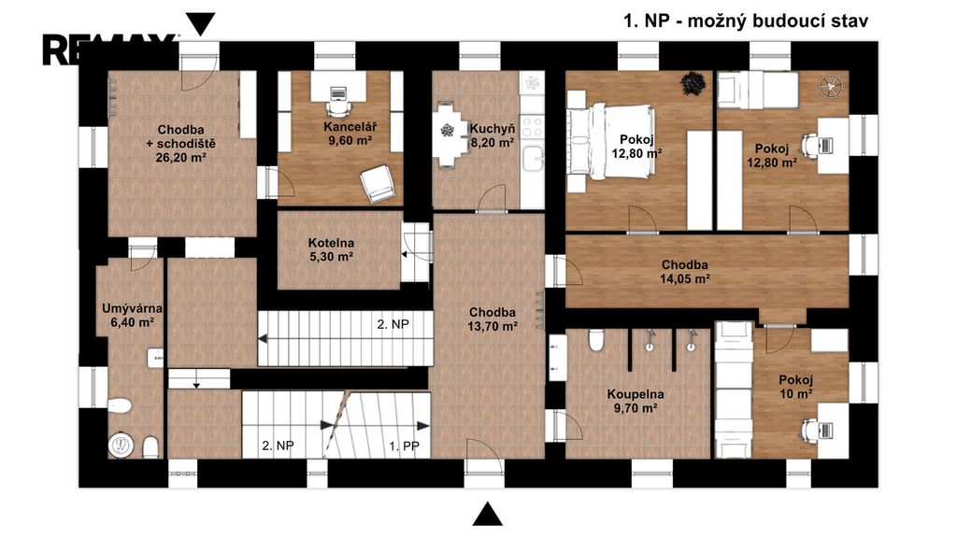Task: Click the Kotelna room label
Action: point(331,249)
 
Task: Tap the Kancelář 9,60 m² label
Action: point(350,134)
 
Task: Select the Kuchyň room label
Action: point(492,136)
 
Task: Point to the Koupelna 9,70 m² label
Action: point(635,402)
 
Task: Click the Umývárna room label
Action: point(131,316)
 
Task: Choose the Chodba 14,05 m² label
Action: point(684,272)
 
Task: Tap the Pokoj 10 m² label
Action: point(796,388)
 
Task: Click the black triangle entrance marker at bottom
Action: point(488,515)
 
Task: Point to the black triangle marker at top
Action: point(201,23)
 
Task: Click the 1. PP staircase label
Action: point(404,446)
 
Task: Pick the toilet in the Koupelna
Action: point(597,340)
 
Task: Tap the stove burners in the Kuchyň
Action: point(532,126)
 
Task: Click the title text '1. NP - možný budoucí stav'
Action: point(745,22)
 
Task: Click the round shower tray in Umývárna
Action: point(122,445)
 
